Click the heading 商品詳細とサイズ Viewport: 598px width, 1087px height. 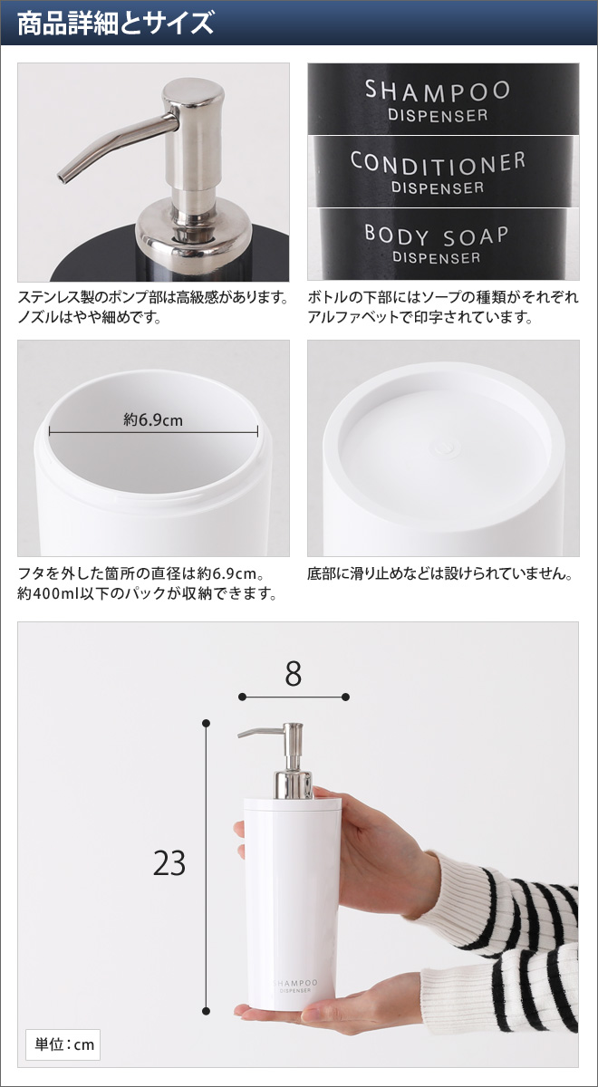point(116,23)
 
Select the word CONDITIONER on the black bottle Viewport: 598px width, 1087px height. point(438,163)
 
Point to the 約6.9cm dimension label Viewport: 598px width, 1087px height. point(153,419)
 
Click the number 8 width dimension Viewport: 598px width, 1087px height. point(293,675)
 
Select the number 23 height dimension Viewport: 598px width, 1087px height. point(169,863)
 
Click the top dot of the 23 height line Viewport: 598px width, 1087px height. point(207,723)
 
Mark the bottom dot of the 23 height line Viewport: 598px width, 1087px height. point(207,1011)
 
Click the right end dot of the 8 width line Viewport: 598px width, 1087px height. point(345,697)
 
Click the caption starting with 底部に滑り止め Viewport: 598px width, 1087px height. point(440,574)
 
